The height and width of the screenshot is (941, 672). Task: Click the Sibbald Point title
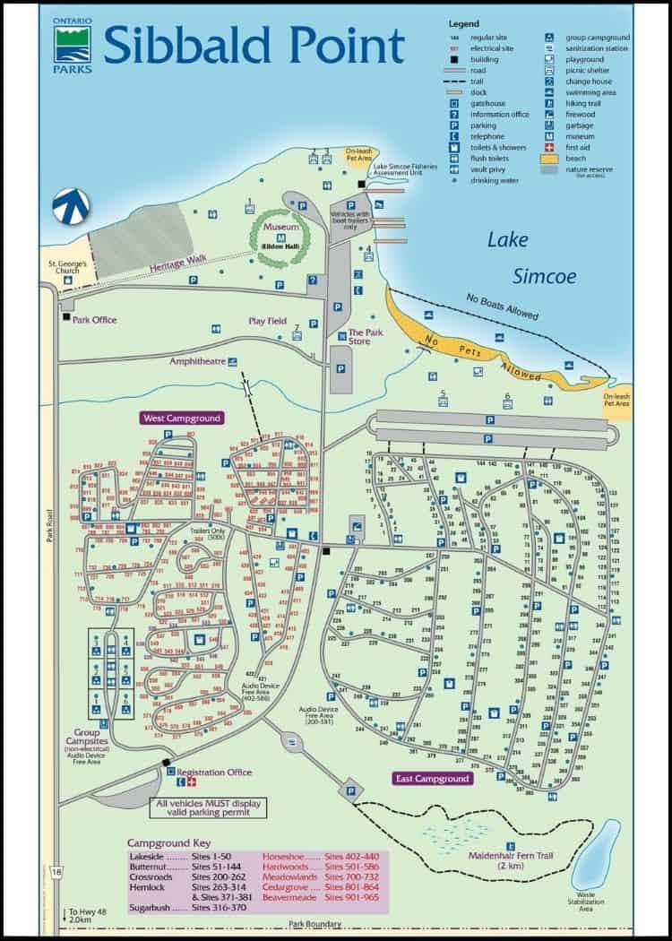pyautogui.click(x=254, y=43)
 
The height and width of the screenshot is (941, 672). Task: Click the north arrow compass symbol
pyautogui.click(x=69, y=206)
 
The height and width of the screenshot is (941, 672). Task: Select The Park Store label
pyautogui.click(x=366, y=336)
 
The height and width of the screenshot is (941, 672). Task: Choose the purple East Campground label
pyautogui.click(x=433, y=779)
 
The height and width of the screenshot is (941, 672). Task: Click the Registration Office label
pyautogui.click(x=213, y=772)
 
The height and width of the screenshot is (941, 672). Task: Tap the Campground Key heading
pyautogui.click(x=169, y=843)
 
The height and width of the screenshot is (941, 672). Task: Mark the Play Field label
pyautogui.click(x=268, y=320)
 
